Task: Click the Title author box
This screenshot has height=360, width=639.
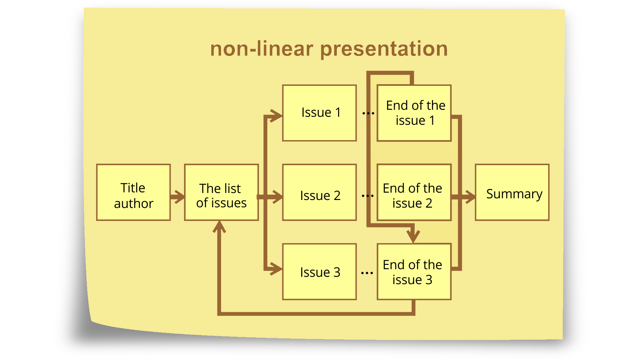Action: tap(133, 192)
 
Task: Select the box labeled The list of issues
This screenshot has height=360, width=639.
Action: tap(221, 192)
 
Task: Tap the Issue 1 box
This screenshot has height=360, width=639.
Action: tap(319, 113)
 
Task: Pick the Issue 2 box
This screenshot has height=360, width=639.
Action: tap(319, 192)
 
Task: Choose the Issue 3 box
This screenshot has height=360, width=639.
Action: tap(319, 272)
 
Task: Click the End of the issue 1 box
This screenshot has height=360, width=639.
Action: tap(414, 113)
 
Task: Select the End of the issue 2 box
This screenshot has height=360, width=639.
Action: tap(414, 192)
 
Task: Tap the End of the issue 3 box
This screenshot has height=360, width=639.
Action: tap(414, 272)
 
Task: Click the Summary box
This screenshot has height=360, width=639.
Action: tap(512, 192)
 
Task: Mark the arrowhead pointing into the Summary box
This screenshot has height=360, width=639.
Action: tap(470, 197)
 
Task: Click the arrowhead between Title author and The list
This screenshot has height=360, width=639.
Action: tap(179, 197)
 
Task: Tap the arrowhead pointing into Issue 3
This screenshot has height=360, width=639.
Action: tap(276, 269)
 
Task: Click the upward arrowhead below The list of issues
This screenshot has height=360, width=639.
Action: tap(219, 227)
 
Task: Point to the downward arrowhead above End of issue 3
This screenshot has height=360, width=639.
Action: tap(413, 236)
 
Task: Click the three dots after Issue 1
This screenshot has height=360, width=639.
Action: tap(368, 113)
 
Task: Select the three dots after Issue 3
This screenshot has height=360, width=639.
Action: tap(367, 273)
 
